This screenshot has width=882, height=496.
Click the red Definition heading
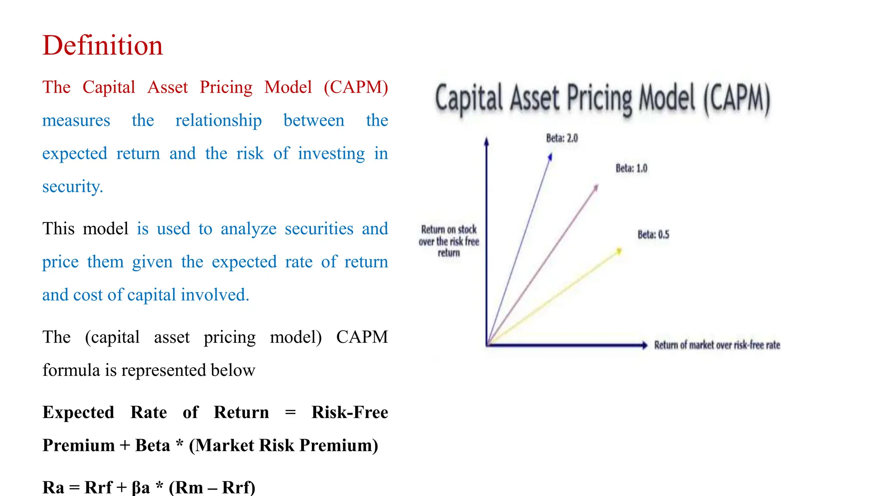pos(102,46)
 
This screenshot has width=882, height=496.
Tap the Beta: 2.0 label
pos(562,138)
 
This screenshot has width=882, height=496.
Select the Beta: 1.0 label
pos(631,168)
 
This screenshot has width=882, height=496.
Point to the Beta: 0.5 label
pos(653,235)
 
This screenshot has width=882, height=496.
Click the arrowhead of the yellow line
pos(619,251)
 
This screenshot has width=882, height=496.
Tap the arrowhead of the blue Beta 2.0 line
pos(550,157)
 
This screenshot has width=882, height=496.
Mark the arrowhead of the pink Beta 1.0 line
pos(596,188)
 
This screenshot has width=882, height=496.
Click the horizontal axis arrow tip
pos(645,345)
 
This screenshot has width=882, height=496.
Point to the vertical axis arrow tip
pos(486,141)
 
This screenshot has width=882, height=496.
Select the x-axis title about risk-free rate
pos(717,345)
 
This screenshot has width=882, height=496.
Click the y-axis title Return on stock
pos(448,241)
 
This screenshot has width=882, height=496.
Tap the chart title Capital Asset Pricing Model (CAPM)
pos(602,99)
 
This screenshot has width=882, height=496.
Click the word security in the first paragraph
pos(72,187)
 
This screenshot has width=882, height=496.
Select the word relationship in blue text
pos(218,121)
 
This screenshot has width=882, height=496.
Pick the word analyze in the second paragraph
pos(248,229)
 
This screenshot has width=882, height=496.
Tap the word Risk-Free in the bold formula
pos(350,412)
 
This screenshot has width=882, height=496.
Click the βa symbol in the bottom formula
pos(141,487)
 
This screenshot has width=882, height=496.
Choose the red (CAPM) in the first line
pos(356,87)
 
